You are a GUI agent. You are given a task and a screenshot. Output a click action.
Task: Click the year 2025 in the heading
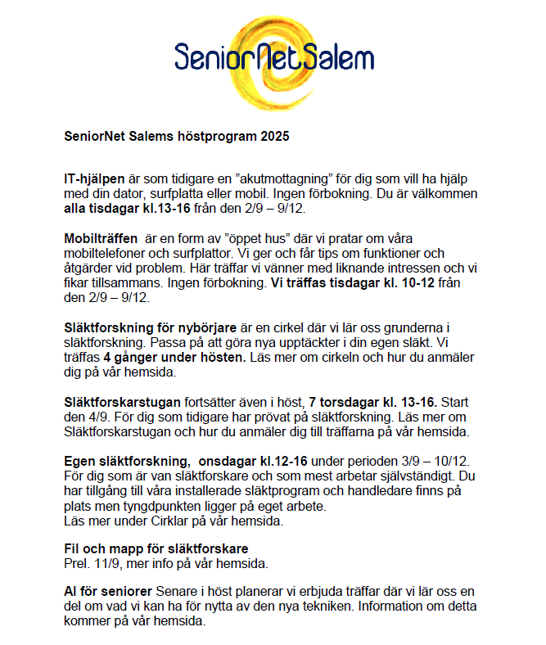click(x=274, y=137)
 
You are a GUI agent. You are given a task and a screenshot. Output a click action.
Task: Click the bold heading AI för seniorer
click(x=107, y=591)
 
